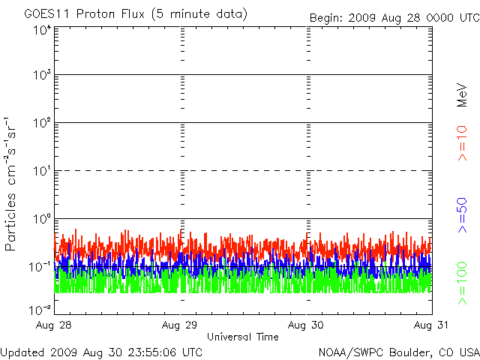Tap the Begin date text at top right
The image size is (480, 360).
point(394,18)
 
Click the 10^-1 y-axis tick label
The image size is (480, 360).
point(40,267)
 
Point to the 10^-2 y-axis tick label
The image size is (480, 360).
point(40,310)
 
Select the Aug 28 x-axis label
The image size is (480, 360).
point(53,325)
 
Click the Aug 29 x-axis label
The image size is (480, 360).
point(180,325)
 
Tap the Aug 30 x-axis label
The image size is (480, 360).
point(305,325)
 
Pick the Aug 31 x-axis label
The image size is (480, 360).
point(431,325)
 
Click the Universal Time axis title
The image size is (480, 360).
point(243,337)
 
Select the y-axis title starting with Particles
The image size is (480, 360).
point(10,184)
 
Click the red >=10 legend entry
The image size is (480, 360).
point(462,143)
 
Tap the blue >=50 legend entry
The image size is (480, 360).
point(462,215)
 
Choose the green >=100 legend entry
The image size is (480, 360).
point(462,283)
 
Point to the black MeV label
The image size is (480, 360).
point(462,95)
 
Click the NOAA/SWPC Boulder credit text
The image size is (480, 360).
point(399,352)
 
